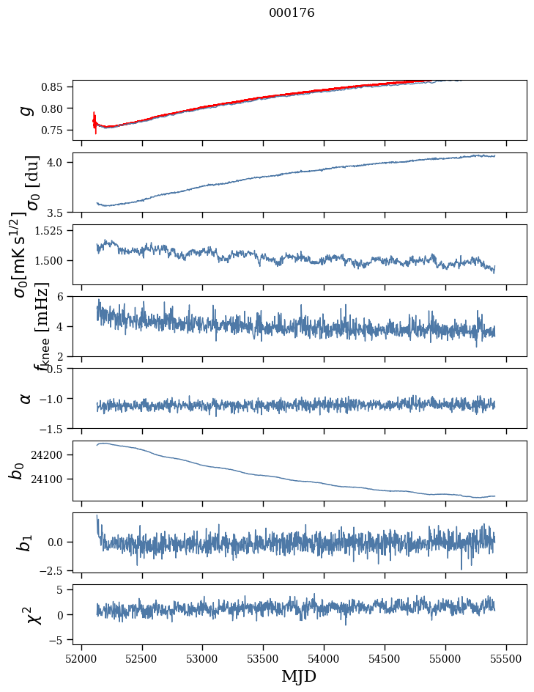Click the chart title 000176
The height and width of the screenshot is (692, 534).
(x=292, y=12)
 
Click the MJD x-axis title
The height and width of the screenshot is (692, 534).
(x=299, y=676)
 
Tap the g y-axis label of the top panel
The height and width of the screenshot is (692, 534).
(x=26, y=109)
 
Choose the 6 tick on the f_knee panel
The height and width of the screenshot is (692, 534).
(x=64, y=296)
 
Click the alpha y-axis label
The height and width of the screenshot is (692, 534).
(x=26, y=398)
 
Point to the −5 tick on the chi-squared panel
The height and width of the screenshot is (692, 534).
(x=60, y=640)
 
